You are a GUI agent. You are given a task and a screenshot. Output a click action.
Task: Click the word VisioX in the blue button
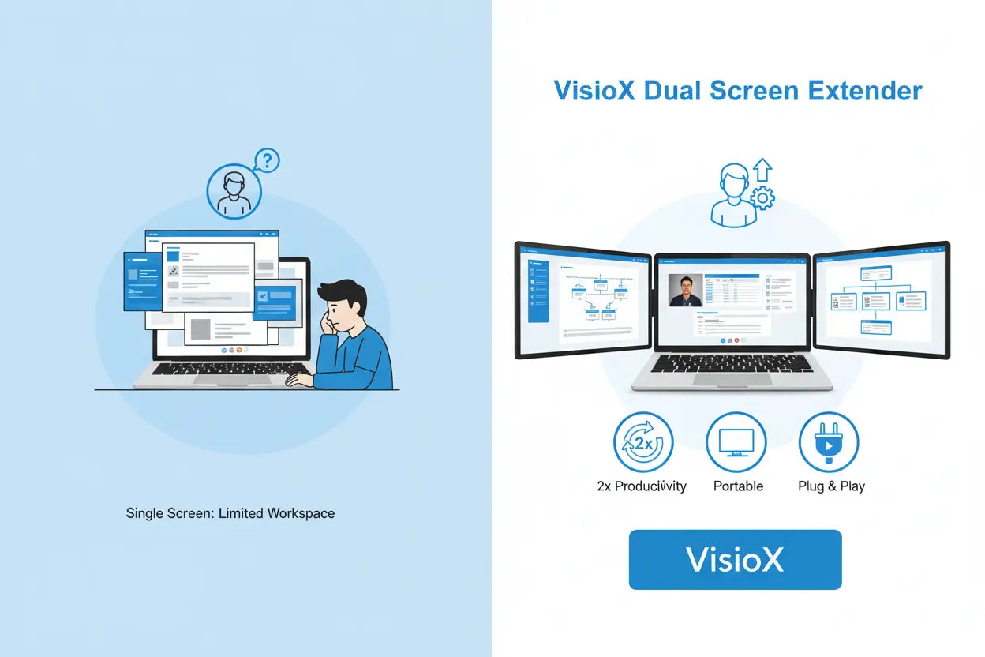tap(735, 559)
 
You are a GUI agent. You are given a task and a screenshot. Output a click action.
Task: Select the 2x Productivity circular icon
tap(643, 442)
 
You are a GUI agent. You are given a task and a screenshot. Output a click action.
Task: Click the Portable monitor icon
tap(736, 442)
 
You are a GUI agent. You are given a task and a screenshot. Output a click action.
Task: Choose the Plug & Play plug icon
tap(829, 442)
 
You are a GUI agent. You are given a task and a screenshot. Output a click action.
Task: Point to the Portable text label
tap(738, 486)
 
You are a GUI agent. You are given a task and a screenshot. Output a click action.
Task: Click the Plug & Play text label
tap(831, 486)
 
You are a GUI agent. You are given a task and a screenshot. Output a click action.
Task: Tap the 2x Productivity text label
tap(642, 486)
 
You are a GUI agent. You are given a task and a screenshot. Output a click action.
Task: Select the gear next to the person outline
tap(762, 198)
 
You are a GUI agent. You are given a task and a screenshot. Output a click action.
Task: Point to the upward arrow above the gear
tap(762, 170)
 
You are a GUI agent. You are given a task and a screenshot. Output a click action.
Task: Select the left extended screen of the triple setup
tap(582, 298)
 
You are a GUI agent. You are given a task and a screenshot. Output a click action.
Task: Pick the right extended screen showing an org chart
tap(882, 298)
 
